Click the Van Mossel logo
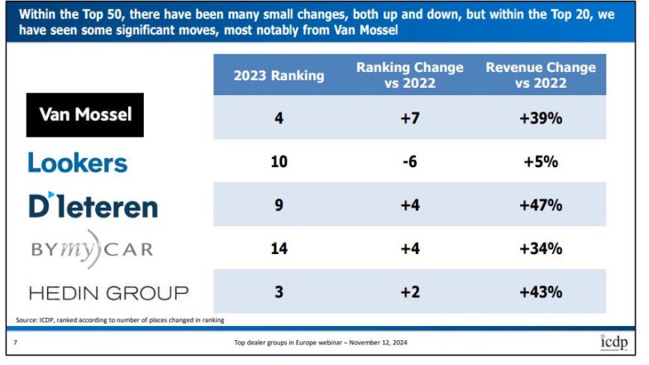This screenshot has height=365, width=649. [x=85, y=114]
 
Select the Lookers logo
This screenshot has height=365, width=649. [x=78, y=162]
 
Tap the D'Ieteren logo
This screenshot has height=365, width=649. [x=93, y=205]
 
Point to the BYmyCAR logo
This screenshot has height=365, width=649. [x=91, y=249]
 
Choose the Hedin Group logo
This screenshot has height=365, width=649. [x=108, y=292]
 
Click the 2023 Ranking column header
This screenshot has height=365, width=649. [x=279, y=75]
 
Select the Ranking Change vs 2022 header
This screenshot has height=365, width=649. [x=409, y=74]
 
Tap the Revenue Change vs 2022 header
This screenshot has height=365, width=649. [x=541, y=74]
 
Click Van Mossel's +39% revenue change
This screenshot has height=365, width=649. [x=541, y=118]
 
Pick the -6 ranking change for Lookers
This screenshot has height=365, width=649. [x=409, y=161]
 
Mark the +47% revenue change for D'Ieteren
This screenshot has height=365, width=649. [x=541, y=205]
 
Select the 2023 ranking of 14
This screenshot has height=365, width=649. [x=279, y=248]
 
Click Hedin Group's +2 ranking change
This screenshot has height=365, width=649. [x=409, y=292]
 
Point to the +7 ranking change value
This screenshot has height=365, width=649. [x=409, y=118]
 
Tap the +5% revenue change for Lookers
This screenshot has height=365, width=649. [x=541, y=161]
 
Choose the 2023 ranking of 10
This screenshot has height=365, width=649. [x=279, y=161]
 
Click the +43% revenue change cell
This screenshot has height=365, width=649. [x=541, y=292]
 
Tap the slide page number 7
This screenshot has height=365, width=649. [x=17, y=343]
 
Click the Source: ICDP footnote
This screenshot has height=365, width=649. [x=120, y=319]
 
